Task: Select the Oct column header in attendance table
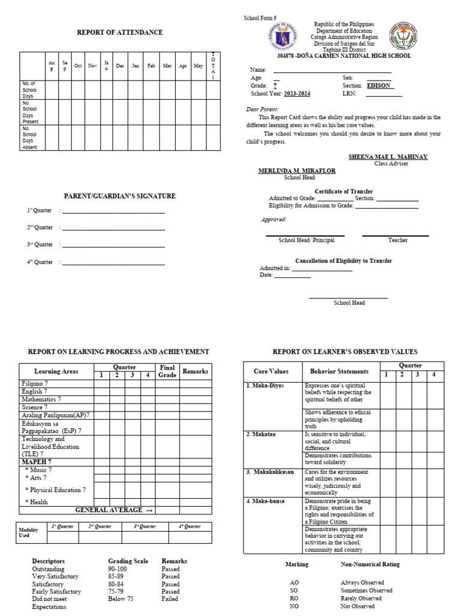point(78,66)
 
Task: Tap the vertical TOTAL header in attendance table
point(213,66)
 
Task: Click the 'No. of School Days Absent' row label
point(30,138)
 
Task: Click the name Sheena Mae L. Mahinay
point(388,156)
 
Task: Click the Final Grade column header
point(167,371)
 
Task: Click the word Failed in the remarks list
point(170,599)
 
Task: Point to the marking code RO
point(294,599)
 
